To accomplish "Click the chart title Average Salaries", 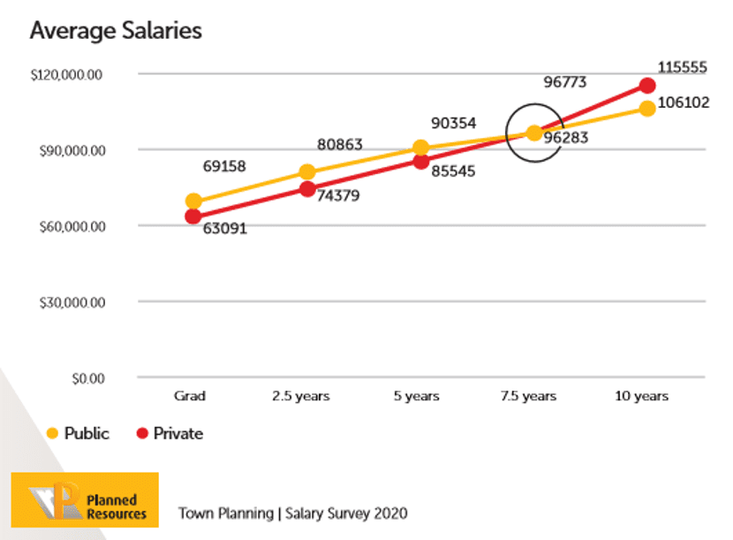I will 116,31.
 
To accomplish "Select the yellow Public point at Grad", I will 193,202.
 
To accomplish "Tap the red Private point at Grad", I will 193,217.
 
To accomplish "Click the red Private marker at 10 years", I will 647,86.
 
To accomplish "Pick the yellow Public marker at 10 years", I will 647,108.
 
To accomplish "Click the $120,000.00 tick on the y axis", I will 67,74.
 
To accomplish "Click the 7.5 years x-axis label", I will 528,396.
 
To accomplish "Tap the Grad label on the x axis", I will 190,396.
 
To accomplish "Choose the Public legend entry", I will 78,433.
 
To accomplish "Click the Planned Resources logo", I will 85,499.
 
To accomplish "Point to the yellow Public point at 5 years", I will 421,148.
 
